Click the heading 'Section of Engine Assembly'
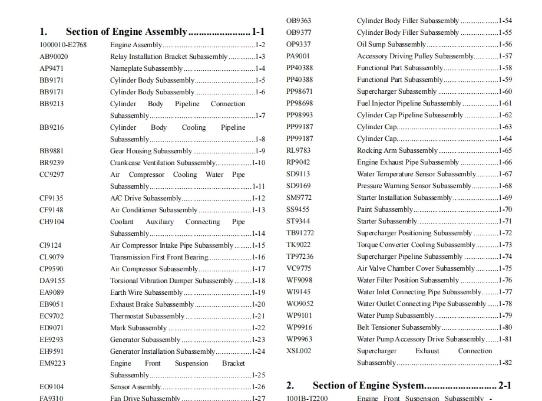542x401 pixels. pyautogui.click(x=126, y=32)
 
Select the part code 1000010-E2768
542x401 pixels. pyautogui.click(x=63, y=45)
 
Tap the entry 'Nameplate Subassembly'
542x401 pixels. pyautogui.click(x=138, y=68)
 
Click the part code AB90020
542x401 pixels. pyautogui.click(x=54, y=57)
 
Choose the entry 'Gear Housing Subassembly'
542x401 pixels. pyautogui.click(x=143, y=151)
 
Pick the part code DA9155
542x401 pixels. pyautogui.click(x=52, y=281)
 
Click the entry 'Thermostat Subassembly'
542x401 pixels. pyautogui.click(x=139, y=316)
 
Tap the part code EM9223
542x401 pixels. pyautogui.click(x=52, y=363)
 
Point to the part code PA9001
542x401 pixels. pyautogui.click(x=299, y=56)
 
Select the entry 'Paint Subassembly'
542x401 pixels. pyautogui.click(x=385, y=209)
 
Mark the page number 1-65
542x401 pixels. pyautogui.click(x=505, y=150)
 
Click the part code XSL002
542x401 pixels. pyautogui.click(x=299, y=351)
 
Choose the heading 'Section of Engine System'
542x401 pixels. pyautogui.click(x=368, y=386)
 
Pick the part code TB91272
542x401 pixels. pyautogui.click(x=300, y=233)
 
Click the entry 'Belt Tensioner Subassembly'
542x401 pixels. pyautogui.click(x=398, y=327)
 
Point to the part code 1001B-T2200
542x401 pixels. pyautogui.click(x=307, y=398)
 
